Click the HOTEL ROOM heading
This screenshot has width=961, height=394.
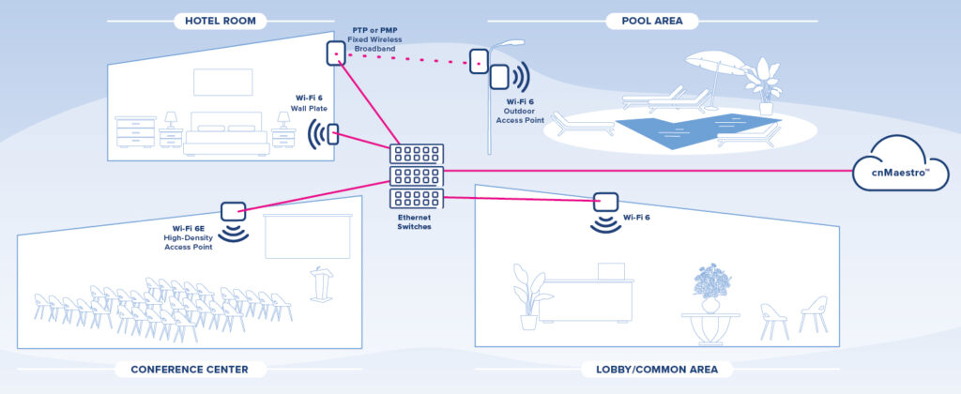point(221,21)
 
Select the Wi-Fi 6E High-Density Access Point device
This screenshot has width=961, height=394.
point(232,212)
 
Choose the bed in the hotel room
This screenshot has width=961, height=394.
point(226,133)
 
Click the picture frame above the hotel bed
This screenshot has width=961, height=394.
point(223,83)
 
